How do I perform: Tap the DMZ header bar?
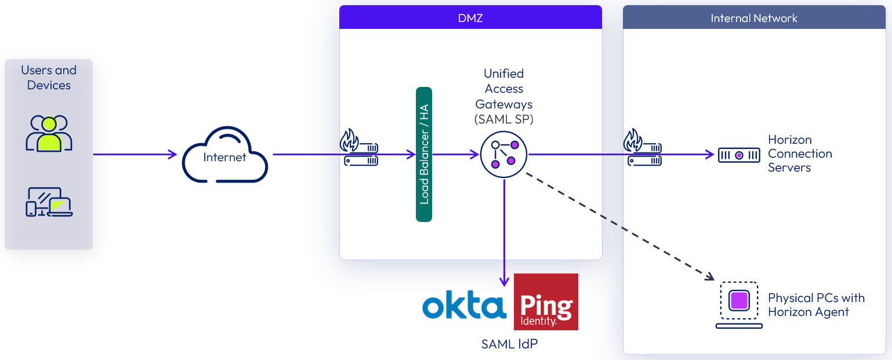470,18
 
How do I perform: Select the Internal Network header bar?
754,18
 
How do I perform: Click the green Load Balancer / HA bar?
424,154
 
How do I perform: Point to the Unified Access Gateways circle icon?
504,155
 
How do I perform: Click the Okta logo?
464,305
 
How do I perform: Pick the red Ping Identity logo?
546,302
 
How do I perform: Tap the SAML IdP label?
509,344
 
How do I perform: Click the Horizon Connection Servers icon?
739,155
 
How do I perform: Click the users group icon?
49,133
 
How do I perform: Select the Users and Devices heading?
49,78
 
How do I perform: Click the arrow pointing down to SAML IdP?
504,232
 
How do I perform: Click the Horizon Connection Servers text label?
800,154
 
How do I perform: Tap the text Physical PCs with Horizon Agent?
816,305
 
